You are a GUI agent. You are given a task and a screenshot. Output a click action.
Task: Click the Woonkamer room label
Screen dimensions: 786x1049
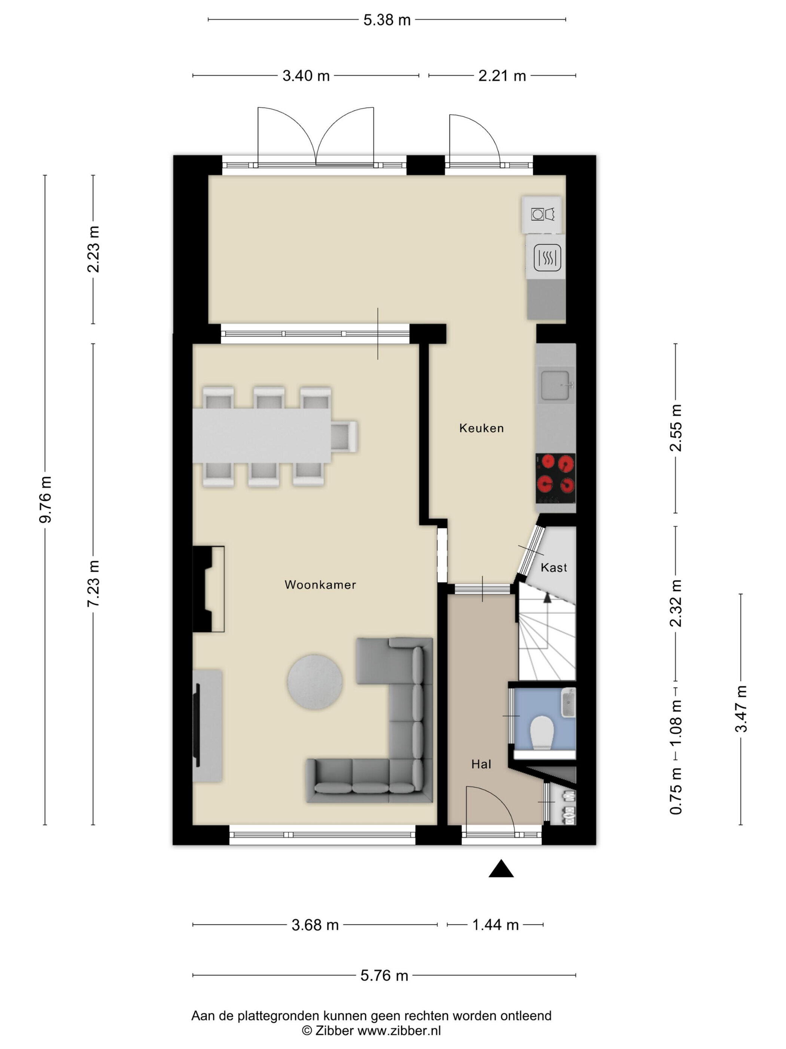[320, 585]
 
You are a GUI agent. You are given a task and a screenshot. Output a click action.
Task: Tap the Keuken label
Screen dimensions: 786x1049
[481, 428]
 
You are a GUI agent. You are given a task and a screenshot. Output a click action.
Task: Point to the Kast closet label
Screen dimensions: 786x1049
[554, 568]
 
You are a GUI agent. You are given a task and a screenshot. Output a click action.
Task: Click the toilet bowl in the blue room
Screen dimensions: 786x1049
[542, 733]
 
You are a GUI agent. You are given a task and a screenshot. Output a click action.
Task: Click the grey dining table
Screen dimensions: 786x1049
[262, 436]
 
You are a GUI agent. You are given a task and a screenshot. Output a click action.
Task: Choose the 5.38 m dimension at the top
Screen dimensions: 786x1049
[387, 20]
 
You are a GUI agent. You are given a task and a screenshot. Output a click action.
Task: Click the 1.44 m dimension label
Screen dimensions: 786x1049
[496, 925]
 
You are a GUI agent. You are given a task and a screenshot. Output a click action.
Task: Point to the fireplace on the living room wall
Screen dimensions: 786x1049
[208, 589]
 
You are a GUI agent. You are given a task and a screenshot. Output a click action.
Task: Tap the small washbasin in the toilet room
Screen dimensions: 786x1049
[568, 703]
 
